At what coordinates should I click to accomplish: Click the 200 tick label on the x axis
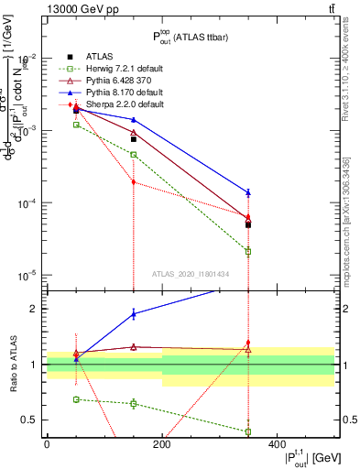coord(162,443)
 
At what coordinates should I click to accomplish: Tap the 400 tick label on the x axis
coord(277,443)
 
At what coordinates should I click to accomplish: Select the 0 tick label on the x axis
coord(47,443)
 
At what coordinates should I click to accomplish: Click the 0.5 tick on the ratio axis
coord(35,420)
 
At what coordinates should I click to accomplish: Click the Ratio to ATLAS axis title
coord(12,364)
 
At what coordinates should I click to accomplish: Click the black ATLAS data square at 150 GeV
coord(134,139)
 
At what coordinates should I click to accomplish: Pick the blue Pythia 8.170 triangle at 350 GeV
coord(248,192)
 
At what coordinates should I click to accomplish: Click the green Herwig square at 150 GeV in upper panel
coord(134,154)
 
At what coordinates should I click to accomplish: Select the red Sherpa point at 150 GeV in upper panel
coord(134,182)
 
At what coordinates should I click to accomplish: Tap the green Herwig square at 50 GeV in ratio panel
coord(76,399)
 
